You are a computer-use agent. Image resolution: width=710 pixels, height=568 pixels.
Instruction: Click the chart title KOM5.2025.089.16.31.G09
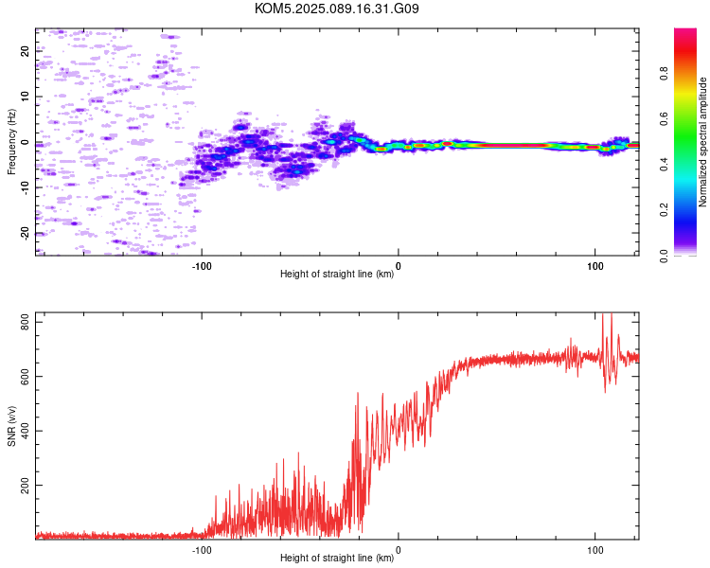(x=336, y=9)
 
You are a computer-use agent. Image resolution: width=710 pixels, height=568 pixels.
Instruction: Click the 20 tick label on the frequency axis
(x=25, y=51)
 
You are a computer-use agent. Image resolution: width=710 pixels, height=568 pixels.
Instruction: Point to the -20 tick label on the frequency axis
(x=25, y=234)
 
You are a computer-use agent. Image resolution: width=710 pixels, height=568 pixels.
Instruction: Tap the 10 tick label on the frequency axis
(x=25, y=97)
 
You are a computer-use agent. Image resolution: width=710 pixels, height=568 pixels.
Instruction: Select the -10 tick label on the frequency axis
(x=25, y=188)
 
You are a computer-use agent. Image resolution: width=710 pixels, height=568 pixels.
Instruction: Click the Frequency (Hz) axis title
(x=11, y=142)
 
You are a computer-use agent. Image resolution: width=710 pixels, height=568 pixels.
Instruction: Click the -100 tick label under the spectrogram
(x=202, y=266)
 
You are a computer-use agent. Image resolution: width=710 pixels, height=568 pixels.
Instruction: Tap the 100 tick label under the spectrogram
(x=595, y=266)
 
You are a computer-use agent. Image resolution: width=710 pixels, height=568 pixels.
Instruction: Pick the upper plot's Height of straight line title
(x=337, y=274)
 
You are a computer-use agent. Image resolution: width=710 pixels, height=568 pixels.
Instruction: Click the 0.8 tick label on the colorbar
(x=664, y=74)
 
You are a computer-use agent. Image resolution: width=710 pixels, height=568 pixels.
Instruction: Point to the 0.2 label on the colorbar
(x=664, y=210)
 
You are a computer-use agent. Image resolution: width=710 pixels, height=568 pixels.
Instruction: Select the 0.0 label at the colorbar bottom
(x=664, y=256)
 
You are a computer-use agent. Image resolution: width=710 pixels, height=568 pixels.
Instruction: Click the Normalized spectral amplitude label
(x=702, y=142)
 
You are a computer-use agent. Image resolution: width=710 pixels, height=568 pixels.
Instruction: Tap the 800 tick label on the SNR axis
(x=25, y=322)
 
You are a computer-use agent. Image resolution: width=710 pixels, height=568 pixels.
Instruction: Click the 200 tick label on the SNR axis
(x=25, y=485)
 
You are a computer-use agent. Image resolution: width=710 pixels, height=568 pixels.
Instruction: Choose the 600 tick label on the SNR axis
(x=25, y=377)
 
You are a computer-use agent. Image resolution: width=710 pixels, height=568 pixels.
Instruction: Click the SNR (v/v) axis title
(x=11, y=426)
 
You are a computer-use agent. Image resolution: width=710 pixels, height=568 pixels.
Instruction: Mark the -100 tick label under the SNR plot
(x=202, y=550)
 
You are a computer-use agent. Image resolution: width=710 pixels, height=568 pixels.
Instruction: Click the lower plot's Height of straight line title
(x=337, y=558)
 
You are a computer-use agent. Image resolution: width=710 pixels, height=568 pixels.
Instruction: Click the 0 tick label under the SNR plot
(x=399, y=550)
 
